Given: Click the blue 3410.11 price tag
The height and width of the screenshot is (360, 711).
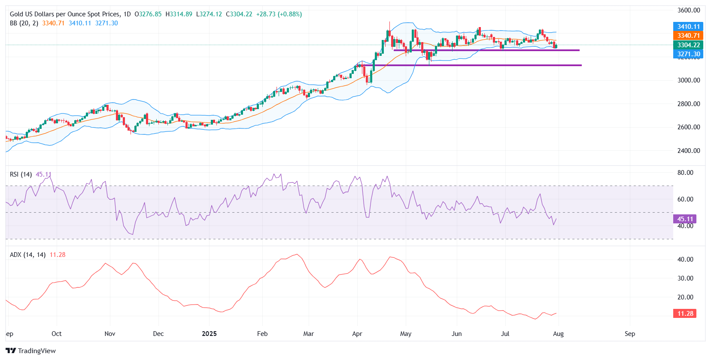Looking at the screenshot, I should (x=688, y=27).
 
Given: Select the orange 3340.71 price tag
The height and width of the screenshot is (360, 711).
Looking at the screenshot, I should (x=688, y=36).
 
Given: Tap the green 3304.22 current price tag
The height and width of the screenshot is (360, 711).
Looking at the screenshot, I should (x=688, y=45).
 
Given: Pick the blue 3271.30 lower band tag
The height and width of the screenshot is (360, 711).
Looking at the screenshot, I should (x=688, y=54).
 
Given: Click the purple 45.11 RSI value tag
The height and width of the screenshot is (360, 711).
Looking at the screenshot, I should (x=685, y=219).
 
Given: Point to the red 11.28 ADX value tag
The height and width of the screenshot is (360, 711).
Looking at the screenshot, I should (x=685, y=314).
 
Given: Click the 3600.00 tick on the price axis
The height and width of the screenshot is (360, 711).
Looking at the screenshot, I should (x=689, y=10).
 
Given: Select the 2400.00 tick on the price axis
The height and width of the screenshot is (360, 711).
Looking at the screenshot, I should (x=689, y=151).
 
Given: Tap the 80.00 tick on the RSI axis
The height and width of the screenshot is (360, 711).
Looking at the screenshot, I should (x=685, y=173).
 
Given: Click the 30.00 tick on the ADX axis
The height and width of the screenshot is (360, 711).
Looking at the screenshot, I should (x=685, y=278).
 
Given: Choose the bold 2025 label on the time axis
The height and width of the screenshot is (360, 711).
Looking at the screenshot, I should (x=209, y=334).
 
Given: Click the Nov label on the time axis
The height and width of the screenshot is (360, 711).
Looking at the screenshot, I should (x=110, y=334).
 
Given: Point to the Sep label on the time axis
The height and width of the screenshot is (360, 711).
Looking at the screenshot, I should (x=630, y=334).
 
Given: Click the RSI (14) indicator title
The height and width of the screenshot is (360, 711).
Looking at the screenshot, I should (x=21, y=174).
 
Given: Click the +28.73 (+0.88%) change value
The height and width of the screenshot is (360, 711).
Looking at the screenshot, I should (x=279, y=14).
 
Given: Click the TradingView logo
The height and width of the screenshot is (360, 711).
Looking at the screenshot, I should (x=30, y=351).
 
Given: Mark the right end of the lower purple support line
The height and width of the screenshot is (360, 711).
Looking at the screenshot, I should (x=581, y=65).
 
